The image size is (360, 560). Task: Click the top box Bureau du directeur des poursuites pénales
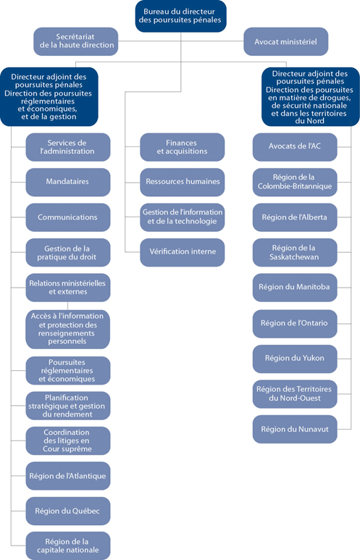pos(180,16)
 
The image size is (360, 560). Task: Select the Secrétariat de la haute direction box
pos(76,41)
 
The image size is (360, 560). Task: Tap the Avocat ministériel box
pos(285,42)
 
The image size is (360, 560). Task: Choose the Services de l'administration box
pos(68,147)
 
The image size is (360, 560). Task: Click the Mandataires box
pos(68,182)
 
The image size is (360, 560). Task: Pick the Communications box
pos(68,217)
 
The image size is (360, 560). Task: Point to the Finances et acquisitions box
pos(182,147)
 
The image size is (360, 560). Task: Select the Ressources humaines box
pos(182,182)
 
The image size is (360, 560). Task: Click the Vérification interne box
pos(182,252)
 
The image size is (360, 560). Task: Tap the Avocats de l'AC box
pos(295,147)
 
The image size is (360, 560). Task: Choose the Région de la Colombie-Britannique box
pos(295,182)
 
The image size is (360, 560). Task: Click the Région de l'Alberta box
pos(295,217)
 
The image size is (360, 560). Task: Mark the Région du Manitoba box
pos(295,287)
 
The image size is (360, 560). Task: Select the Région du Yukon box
pos(295,358)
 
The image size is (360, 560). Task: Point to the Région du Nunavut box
pos(295,429)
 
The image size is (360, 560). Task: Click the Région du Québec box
pos(68,511)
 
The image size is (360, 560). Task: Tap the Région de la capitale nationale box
pos(68,546)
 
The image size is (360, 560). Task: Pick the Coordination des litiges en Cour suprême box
pos(68,440)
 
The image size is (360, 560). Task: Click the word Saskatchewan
pos(295,257)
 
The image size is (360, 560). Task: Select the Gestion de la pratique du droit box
pos(68,252)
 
